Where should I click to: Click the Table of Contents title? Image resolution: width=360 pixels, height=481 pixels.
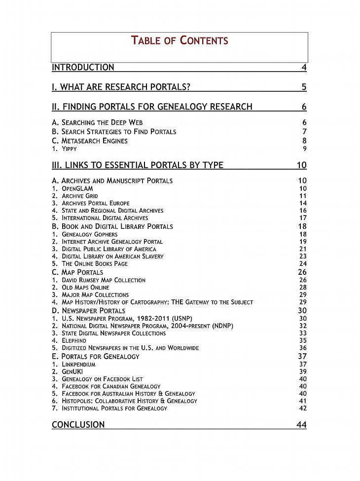point(180,40)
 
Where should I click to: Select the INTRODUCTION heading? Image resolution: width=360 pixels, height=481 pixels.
point(83,68)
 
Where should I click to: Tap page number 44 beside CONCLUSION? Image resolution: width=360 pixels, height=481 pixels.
point(301,425)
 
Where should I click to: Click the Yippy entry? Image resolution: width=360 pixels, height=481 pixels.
point(69,149)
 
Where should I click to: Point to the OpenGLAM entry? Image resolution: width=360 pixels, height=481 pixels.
point(77,188)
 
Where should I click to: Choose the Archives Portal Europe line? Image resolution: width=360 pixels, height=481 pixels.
point(95,203)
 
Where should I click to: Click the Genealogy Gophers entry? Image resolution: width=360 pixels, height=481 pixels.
point(89,234)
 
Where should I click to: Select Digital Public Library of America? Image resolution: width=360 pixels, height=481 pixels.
point(108,249)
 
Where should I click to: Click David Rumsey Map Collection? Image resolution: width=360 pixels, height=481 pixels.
point(103,280)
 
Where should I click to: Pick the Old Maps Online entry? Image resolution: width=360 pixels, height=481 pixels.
point(85,288)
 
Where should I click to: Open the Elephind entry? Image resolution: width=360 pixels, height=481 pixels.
point(73,340)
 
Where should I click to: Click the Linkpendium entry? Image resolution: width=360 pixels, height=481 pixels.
point(78,365)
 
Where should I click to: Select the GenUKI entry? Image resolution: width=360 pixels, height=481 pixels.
point(72,371)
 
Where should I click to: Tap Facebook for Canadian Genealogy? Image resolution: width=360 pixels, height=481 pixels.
point(111,386)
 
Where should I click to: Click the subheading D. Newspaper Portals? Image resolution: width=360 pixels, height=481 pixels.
point(89,311)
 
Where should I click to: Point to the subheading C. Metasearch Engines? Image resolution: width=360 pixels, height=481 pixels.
point(90,141)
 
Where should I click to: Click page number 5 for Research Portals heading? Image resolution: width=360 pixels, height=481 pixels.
point(304,87)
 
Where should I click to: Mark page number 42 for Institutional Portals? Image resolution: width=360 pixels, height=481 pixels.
point(303,408)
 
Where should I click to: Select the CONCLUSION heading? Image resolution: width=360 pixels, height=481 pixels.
point(78,425)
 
